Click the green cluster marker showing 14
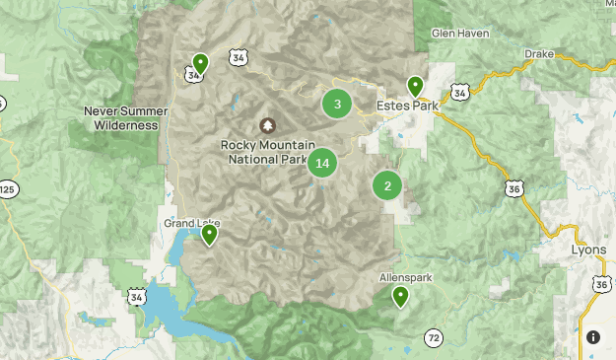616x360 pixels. pyautogui.click(x=322, y=163)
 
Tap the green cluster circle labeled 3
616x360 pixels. pyautogui.click(x=337, y=104)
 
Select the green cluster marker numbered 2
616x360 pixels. pyautogui.click(x=387, y=185)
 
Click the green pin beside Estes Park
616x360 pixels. pyautogui.click(x=416, y=88)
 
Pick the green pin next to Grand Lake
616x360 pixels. pyautogui.click(x=209, y=234)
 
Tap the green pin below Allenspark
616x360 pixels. pyautogui.click(x=400, y=296)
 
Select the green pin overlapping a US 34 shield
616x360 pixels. pyautogui.click(x=200, y=65)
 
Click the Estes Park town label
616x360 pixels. pyautogui.click(x=406, y=106)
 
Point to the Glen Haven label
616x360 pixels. pyautogui.click(x=459, y=34)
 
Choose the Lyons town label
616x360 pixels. pyautogui.click(x=588, y=251)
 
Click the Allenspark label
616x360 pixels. pyautogui.click(x=406, y=278)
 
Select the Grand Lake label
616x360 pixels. pyautogui.click(x=187, y=224)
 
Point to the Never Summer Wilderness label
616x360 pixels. pyautogui.click(x=121, y=118)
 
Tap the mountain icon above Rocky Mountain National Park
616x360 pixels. pyautogui.click(x=266, y=126)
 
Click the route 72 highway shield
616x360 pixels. pyautogui.click(x=434, y=338)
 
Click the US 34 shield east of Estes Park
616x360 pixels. pyautogui.click(x=459, y=92)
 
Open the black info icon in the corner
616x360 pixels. pyautogui.click(x=593, y=337)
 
